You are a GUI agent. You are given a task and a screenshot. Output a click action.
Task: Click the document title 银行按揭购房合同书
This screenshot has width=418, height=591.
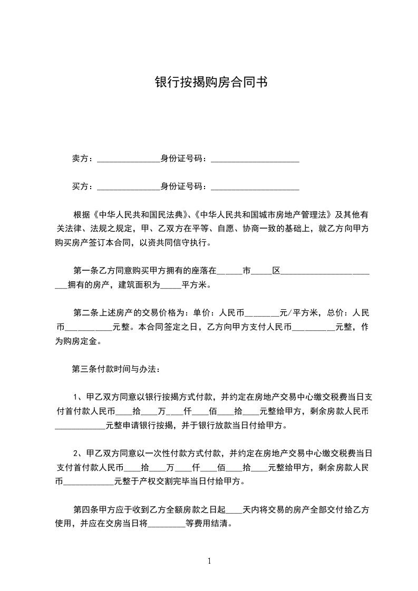(x=209, y=82)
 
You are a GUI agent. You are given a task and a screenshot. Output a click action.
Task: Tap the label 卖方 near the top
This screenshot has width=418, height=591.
(x=80, y=159)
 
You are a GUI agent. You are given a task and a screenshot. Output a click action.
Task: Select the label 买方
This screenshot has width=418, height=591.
(x=80, y=186)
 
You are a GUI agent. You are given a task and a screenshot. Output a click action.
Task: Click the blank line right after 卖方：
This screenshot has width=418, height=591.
(x=129, y=160)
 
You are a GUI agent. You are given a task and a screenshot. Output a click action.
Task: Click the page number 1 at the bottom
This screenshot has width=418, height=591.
(x=209, y=560)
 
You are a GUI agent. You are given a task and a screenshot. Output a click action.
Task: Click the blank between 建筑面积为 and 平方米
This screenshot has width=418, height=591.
(x=170, y=287)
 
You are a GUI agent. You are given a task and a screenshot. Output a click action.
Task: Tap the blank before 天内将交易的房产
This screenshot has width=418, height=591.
(x=234, y=511)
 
